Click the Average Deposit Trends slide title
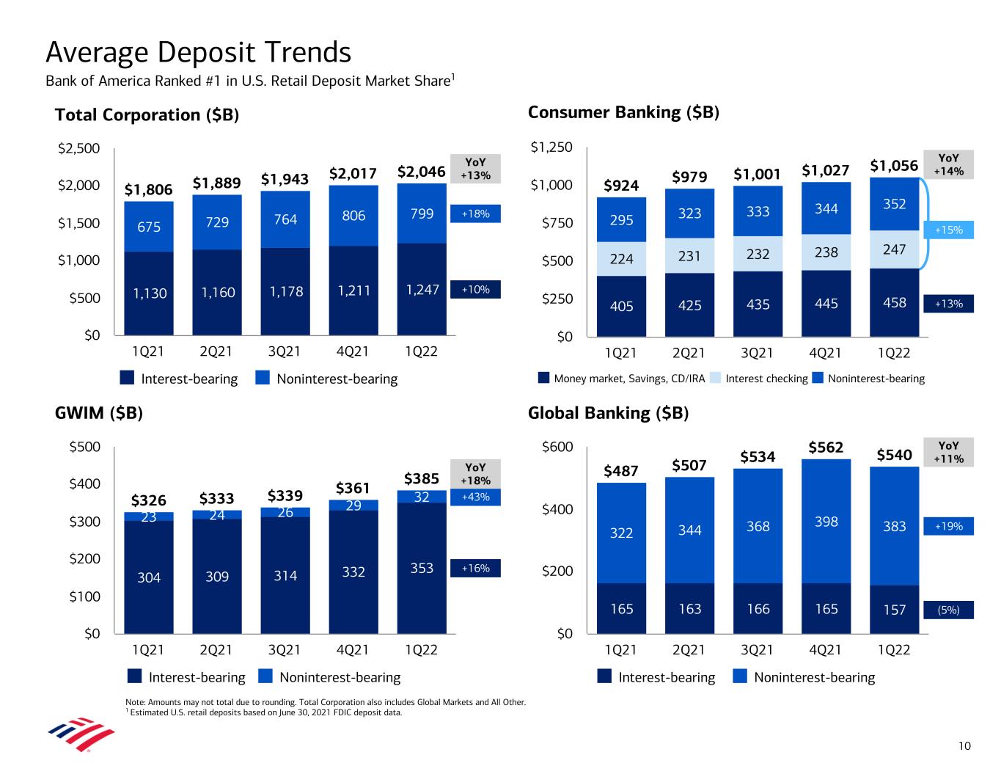[199, 53]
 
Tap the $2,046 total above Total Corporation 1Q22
[421, 172]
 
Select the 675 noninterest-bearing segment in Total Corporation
[149, 227]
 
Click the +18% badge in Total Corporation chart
[475, 213]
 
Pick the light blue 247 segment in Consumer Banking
[895, 249]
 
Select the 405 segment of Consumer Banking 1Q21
[622, 306]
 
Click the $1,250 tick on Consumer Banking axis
[551, 148]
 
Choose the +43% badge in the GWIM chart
[475, 497]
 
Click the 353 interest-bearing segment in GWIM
[422, 569]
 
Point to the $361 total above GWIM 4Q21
[353, 488]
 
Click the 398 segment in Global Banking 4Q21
[826, 522]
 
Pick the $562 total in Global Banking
[826, 448]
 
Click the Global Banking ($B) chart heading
[609, 413]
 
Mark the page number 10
[964, 746]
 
